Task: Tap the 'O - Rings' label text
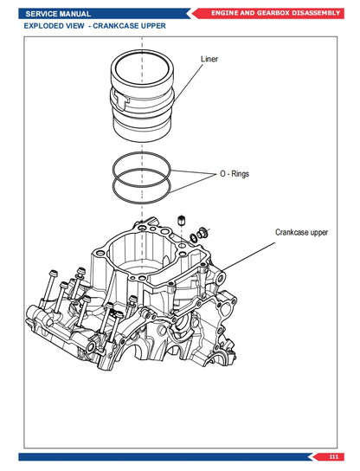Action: coord(235,174)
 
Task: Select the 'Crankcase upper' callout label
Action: coord(301,233)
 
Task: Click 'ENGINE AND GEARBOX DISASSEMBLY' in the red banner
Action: coord(275,14)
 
